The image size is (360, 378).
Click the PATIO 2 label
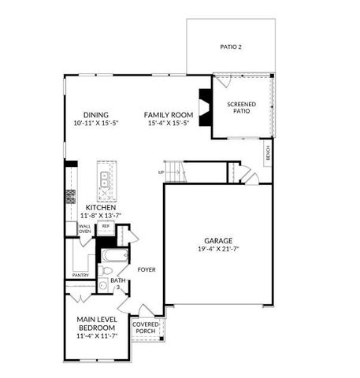(231, 47)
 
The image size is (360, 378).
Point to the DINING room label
(96, 115)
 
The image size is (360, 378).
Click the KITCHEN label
(101, 207)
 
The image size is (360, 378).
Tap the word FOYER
(147, 269)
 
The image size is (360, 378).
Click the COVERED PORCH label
(146, 328)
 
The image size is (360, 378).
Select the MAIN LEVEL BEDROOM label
(98, 323)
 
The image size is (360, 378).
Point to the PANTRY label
(80, 275)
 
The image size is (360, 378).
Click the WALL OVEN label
(84, 229)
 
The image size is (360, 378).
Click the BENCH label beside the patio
(269, 154)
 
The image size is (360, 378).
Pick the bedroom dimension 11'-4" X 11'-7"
(98, 336)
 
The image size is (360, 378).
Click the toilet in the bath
(106, 271)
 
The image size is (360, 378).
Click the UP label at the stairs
(161, 172)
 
